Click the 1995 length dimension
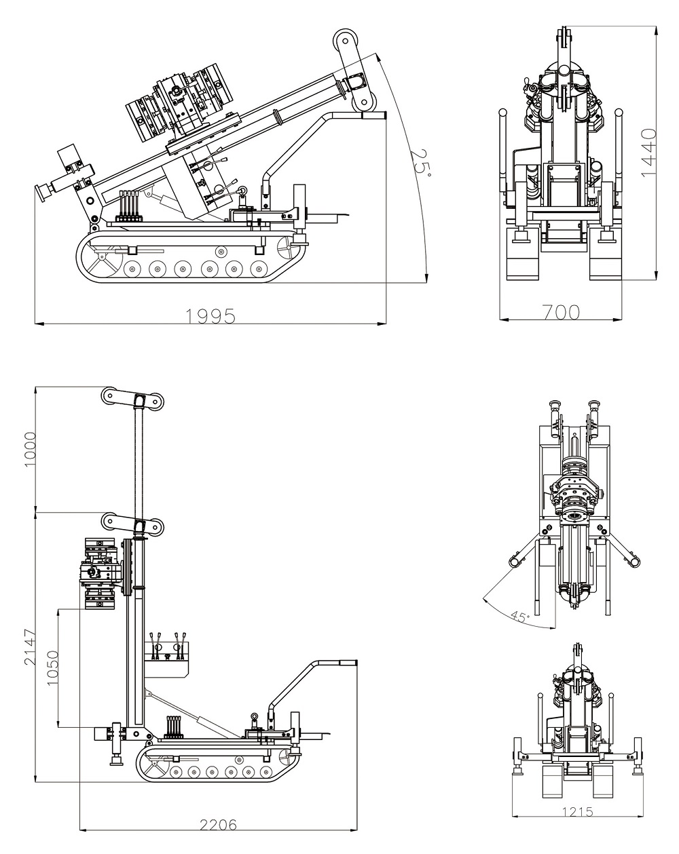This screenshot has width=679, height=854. [x=210, y=316]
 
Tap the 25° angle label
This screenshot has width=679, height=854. [x=420, y=161]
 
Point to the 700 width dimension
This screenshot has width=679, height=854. [x=561, y=312]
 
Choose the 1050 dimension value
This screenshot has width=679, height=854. [x=54, y=668]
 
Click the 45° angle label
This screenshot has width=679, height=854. [x=519, y=617]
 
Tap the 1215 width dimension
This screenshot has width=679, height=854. [x=577, y=812]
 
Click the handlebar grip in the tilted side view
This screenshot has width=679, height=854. [x=373, y=115]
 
